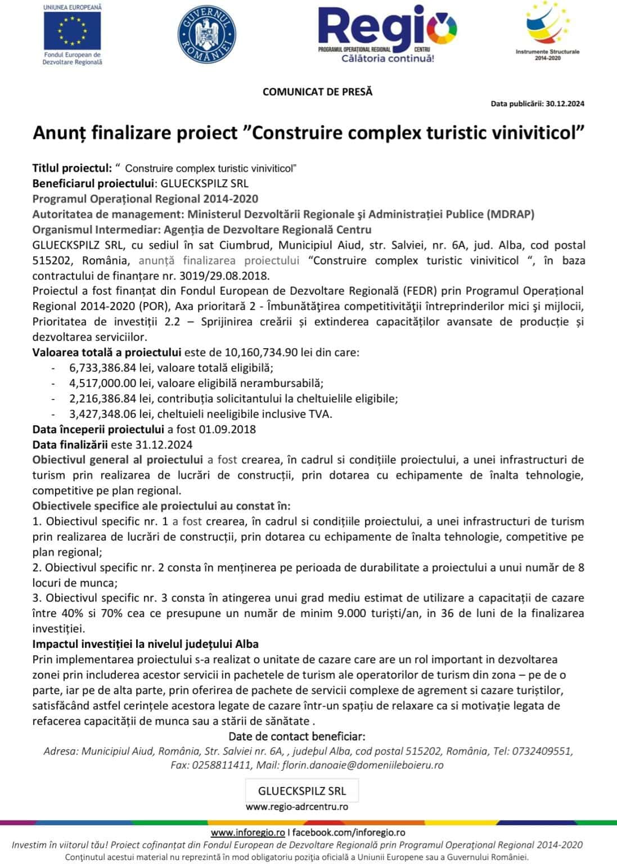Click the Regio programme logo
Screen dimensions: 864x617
pos(387,33)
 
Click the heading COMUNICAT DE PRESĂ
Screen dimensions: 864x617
pos(317,92)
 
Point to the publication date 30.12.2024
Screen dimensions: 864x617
pos(565,103)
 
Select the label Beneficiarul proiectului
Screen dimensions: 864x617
pos(93,183)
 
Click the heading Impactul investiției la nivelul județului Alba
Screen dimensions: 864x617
pos(145,644)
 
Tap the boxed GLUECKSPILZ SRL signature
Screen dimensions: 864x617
pos(302,791)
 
